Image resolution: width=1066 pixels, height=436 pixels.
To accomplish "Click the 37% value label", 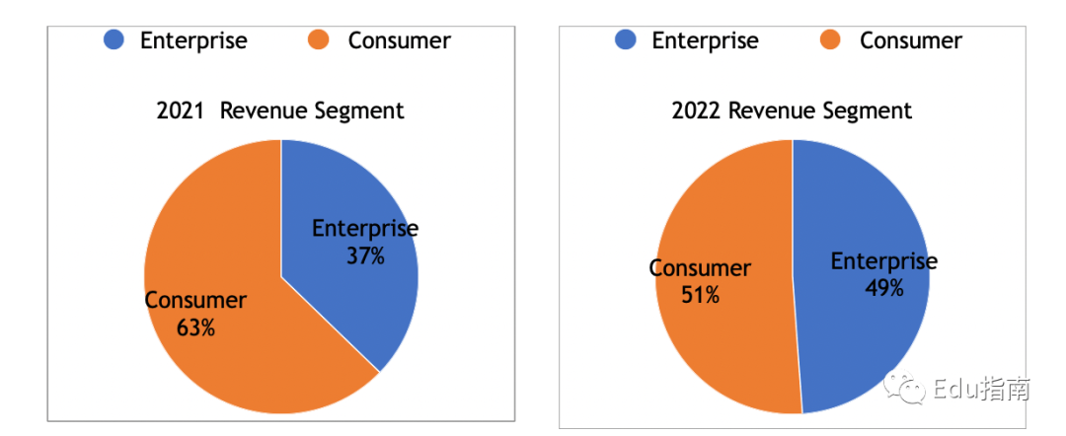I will pyautogui.click(x=365, y=255).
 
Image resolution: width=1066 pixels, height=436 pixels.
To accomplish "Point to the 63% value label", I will pyautogui.click(x=195, y=327).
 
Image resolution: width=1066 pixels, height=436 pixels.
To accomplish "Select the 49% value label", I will pyautogui.click(x=883, y=288).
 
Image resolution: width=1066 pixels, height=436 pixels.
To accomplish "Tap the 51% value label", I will pyautogui.click(x=700, y=294).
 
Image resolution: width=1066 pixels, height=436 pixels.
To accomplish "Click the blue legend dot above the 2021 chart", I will pyautogui.click(x=114, y=40).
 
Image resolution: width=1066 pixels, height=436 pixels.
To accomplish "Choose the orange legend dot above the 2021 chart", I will pyautogui.click(x=319, y=40).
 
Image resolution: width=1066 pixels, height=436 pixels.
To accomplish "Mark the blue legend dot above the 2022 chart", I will pyautogui.click(x=625, y=40).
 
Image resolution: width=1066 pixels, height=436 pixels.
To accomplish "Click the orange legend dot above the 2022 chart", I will pyautogui.click(x=830, y=40).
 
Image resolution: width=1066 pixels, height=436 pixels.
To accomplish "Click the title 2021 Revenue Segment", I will pyautogui.click(x=280, y=110).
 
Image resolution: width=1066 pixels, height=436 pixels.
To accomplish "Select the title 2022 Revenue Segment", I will pyautogui.click(x=792, y=110).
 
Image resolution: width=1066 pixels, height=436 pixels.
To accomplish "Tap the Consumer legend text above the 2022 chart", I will pyautogui.click(x=910, y=40).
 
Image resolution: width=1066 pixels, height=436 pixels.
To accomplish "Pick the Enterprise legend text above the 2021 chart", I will pyautogui.click(x=193, y=40).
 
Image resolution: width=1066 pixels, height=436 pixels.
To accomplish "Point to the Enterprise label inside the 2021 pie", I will pyautogui.click(x=365, y=229).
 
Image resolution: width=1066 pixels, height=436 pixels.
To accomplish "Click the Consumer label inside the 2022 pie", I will pyautogui.click(x=700, y=268).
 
